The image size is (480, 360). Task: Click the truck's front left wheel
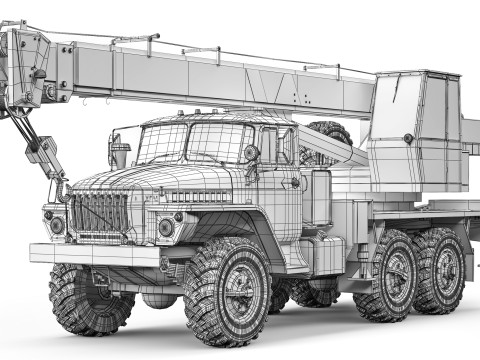(228, 290)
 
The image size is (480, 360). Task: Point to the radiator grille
(98, 211)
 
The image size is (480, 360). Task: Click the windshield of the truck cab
(190, 142)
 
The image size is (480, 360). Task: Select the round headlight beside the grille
(165, 227)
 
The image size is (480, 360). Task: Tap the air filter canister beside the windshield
(121, 155)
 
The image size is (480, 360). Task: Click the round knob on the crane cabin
(408, 138)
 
